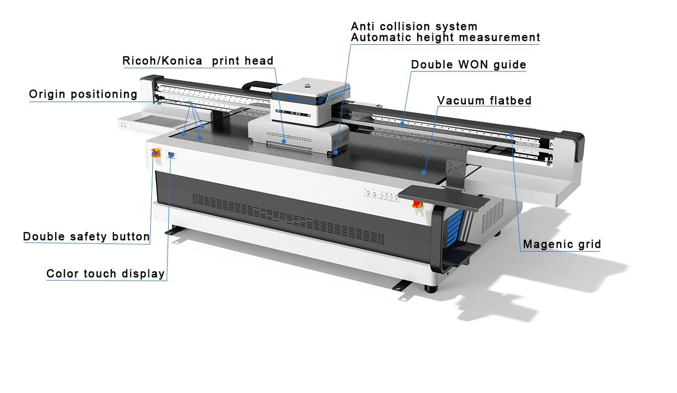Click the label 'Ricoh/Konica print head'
coord(198,61)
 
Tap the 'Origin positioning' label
coord(83,94)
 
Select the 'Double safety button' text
coord(86,236)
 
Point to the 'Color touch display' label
coord(105,273)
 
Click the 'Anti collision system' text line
coord(414,26)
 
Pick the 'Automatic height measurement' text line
coord(445,38)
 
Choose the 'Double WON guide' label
coord(468,64)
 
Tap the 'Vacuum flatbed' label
coord(484,100)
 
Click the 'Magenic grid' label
coord(562,244)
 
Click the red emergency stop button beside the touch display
coord(155,153)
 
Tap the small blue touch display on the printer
coord(171,155)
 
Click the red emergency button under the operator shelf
coord(417,204)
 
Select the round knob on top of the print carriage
coord(308,86)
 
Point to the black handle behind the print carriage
coord(256,85)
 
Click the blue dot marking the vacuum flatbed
coord(424,172)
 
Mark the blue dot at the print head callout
coord(284,141)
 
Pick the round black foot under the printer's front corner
coord(431,289)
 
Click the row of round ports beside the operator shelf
coord(382,195)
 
